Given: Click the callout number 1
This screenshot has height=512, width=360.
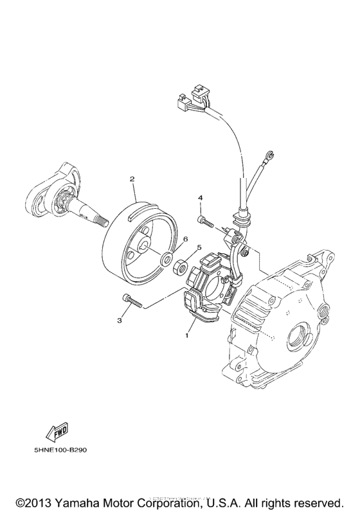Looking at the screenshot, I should [x=187, y=335].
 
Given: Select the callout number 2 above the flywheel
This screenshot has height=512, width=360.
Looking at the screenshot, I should [x=132, y=179].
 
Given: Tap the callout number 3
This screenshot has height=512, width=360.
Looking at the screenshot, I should [x=119, y=319].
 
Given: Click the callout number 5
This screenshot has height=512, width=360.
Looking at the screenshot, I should [x=199, y=247].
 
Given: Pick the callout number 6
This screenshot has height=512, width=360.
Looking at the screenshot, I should [x=184, y=239].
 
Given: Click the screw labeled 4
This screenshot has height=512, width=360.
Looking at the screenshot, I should [x=204, y=220].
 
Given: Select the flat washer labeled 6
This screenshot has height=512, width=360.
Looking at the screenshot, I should [x=166, y=260].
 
